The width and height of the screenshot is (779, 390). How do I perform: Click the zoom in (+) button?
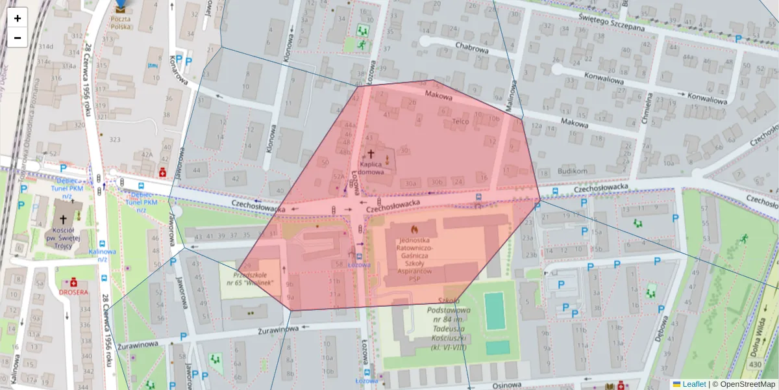pos(18,18)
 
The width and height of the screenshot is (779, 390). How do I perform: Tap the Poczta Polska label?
pos(120,23)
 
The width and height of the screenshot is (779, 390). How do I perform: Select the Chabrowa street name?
pos(471,47)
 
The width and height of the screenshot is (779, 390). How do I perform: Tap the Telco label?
pos(460,121)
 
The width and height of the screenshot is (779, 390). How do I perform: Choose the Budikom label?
pos(572,171)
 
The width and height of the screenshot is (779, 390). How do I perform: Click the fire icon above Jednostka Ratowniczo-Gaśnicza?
pos(414,229)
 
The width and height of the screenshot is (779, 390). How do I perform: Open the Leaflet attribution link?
pos(693,384)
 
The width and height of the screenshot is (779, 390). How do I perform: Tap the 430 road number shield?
pos(754,365)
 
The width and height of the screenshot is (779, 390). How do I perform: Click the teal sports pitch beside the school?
pos(493,311)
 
